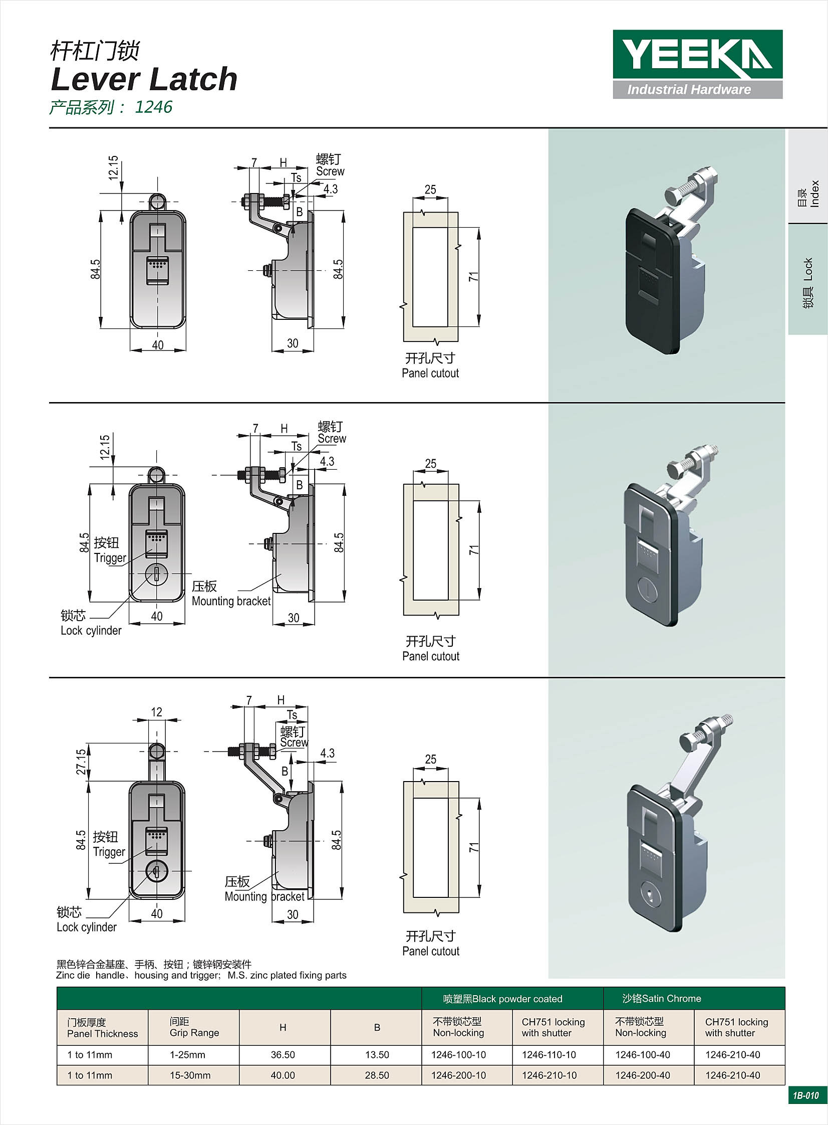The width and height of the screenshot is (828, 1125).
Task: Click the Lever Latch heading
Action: (144, 79)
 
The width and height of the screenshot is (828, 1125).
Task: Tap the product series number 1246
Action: (153, 107)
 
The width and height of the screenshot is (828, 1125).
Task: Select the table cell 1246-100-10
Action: (459, 1055)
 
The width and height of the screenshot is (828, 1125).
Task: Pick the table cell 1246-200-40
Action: (643, 1075)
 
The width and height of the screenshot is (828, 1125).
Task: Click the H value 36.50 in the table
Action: (283, 1055)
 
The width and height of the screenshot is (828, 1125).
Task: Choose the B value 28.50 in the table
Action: (377, 1075)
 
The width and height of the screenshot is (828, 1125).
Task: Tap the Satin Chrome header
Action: (662, 999)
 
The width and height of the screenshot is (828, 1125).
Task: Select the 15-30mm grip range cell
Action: (190, 1075)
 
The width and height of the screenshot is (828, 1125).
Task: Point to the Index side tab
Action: (808, 194)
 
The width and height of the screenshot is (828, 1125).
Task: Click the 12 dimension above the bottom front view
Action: (156, 712)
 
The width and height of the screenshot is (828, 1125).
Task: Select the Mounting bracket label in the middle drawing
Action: (231, 601)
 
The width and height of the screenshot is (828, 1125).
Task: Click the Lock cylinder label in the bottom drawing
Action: (87, 927)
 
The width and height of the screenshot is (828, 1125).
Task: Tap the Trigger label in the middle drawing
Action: (110, 557)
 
